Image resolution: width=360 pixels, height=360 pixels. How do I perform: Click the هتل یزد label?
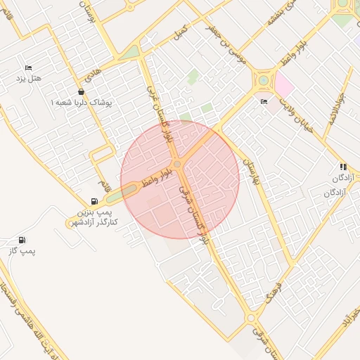[29, 77]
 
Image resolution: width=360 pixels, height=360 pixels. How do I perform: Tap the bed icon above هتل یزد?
[29, 67]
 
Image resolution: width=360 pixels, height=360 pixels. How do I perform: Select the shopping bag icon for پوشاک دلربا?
[82, 91]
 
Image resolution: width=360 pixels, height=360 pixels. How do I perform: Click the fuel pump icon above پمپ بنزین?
[94, 201]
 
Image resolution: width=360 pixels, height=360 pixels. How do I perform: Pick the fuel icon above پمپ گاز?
[23, 240]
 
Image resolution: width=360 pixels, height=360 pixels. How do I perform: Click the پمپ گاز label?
[23, 250]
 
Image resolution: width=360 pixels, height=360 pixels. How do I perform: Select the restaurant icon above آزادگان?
[343, 167]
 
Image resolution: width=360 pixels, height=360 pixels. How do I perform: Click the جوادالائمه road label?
[330, 98]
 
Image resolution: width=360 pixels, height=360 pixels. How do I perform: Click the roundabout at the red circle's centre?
[179, 164]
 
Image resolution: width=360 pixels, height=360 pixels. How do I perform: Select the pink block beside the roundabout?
[284, 84]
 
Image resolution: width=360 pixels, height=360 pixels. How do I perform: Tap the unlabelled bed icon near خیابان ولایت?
[264, 101]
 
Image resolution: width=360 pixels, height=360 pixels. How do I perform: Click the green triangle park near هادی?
[130, 53]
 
